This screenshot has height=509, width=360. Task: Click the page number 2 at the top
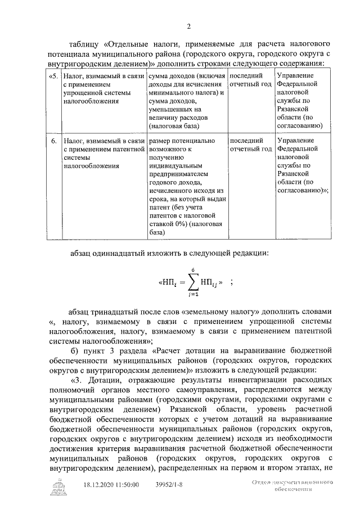coord(189,26)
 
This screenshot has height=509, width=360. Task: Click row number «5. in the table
coord(52,75)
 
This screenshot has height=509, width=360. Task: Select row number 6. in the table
coord(53,141)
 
